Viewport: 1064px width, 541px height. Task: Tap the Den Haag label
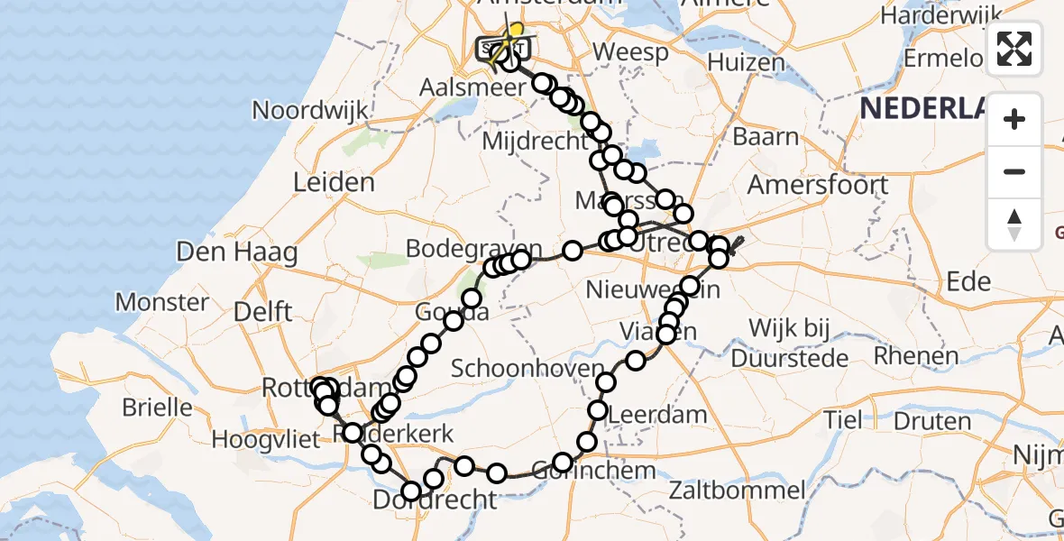pos(237,252)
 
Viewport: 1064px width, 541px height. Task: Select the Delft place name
pos(261,312)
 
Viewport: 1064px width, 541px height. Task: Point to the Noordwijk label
pos(310,111)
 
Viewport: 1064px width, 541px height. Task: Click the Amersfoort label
pos(818,185)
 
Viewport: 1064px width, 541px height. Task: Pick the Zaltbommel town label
pos(738,491)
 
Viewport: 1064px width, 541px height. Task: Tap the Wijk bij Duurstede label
pos(788,342)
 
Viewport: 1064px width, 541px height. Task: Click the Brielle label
pos(157,407)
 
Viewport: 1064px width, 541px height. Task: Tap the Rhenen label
pos(915,355)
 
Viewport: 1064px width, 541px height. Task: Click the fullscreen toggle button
pos(1014,49)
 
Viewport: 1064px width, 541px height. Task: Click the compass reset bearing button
pos(1014,225)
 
